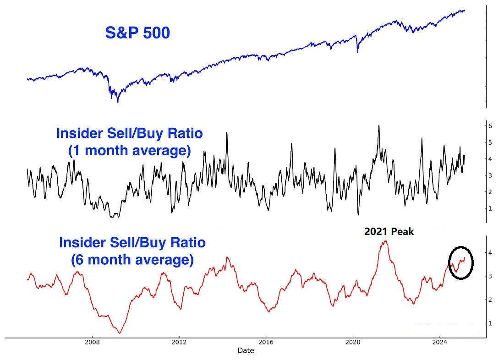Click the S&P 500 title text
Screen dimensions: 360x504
click(x=137, y=33)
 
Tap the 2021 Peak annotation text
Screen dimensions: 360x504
click(x=389, y=232)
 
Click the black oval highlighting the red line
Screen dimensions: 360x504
click(x=460, y=262)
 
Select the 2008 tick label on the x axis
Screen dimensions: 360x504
click(x=93, y=342)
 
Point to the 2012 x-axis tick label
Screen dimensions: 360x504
click(x=179, y=342)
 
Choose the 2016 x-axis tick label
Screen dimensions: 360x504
click(x=266, y=342)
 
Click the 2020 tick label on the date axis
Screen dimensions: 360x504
click(x=353, y=342)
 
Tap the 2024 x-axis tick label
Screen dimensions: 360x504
click(x=440, y=342)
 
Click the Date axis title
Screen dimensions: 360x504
click(x=246, y=351)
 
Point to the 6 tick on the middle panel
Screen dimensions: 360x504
click(x=490, y=126)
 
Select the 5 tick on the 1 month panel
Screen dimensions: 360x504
click(x=490, y=142)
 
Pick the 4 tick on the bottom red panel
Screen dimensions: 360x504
click(x=490, y=253)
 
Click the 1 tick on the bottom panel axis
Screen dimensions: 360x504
click(x=490, y=323)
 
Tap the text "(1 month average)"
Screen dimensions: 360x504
click(x=129, y=151)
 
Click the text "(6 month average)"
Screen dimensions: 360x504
click(x=132, y=260)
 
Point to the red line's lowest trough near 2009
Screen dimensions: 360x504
click(x=120, y=333)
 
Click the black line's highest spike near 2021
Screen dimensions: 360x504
click(x=379, y=125)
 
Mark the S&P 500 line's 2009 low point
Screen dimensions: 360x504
click(x=118, y=103)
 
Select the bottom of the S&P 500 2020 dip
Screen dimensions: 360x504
click(x=358, y=53)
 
